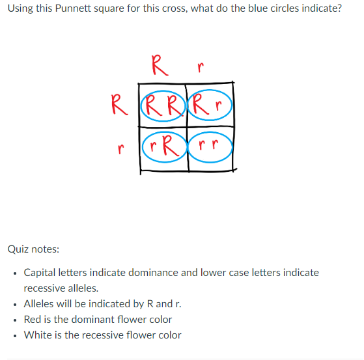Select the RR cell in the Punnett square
(x=163, y=104)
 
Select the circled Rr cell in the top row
(x=210, y=104)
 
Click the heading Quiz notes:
(x=33, y=249)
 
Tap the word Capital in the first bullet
(x=41, y=272)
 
